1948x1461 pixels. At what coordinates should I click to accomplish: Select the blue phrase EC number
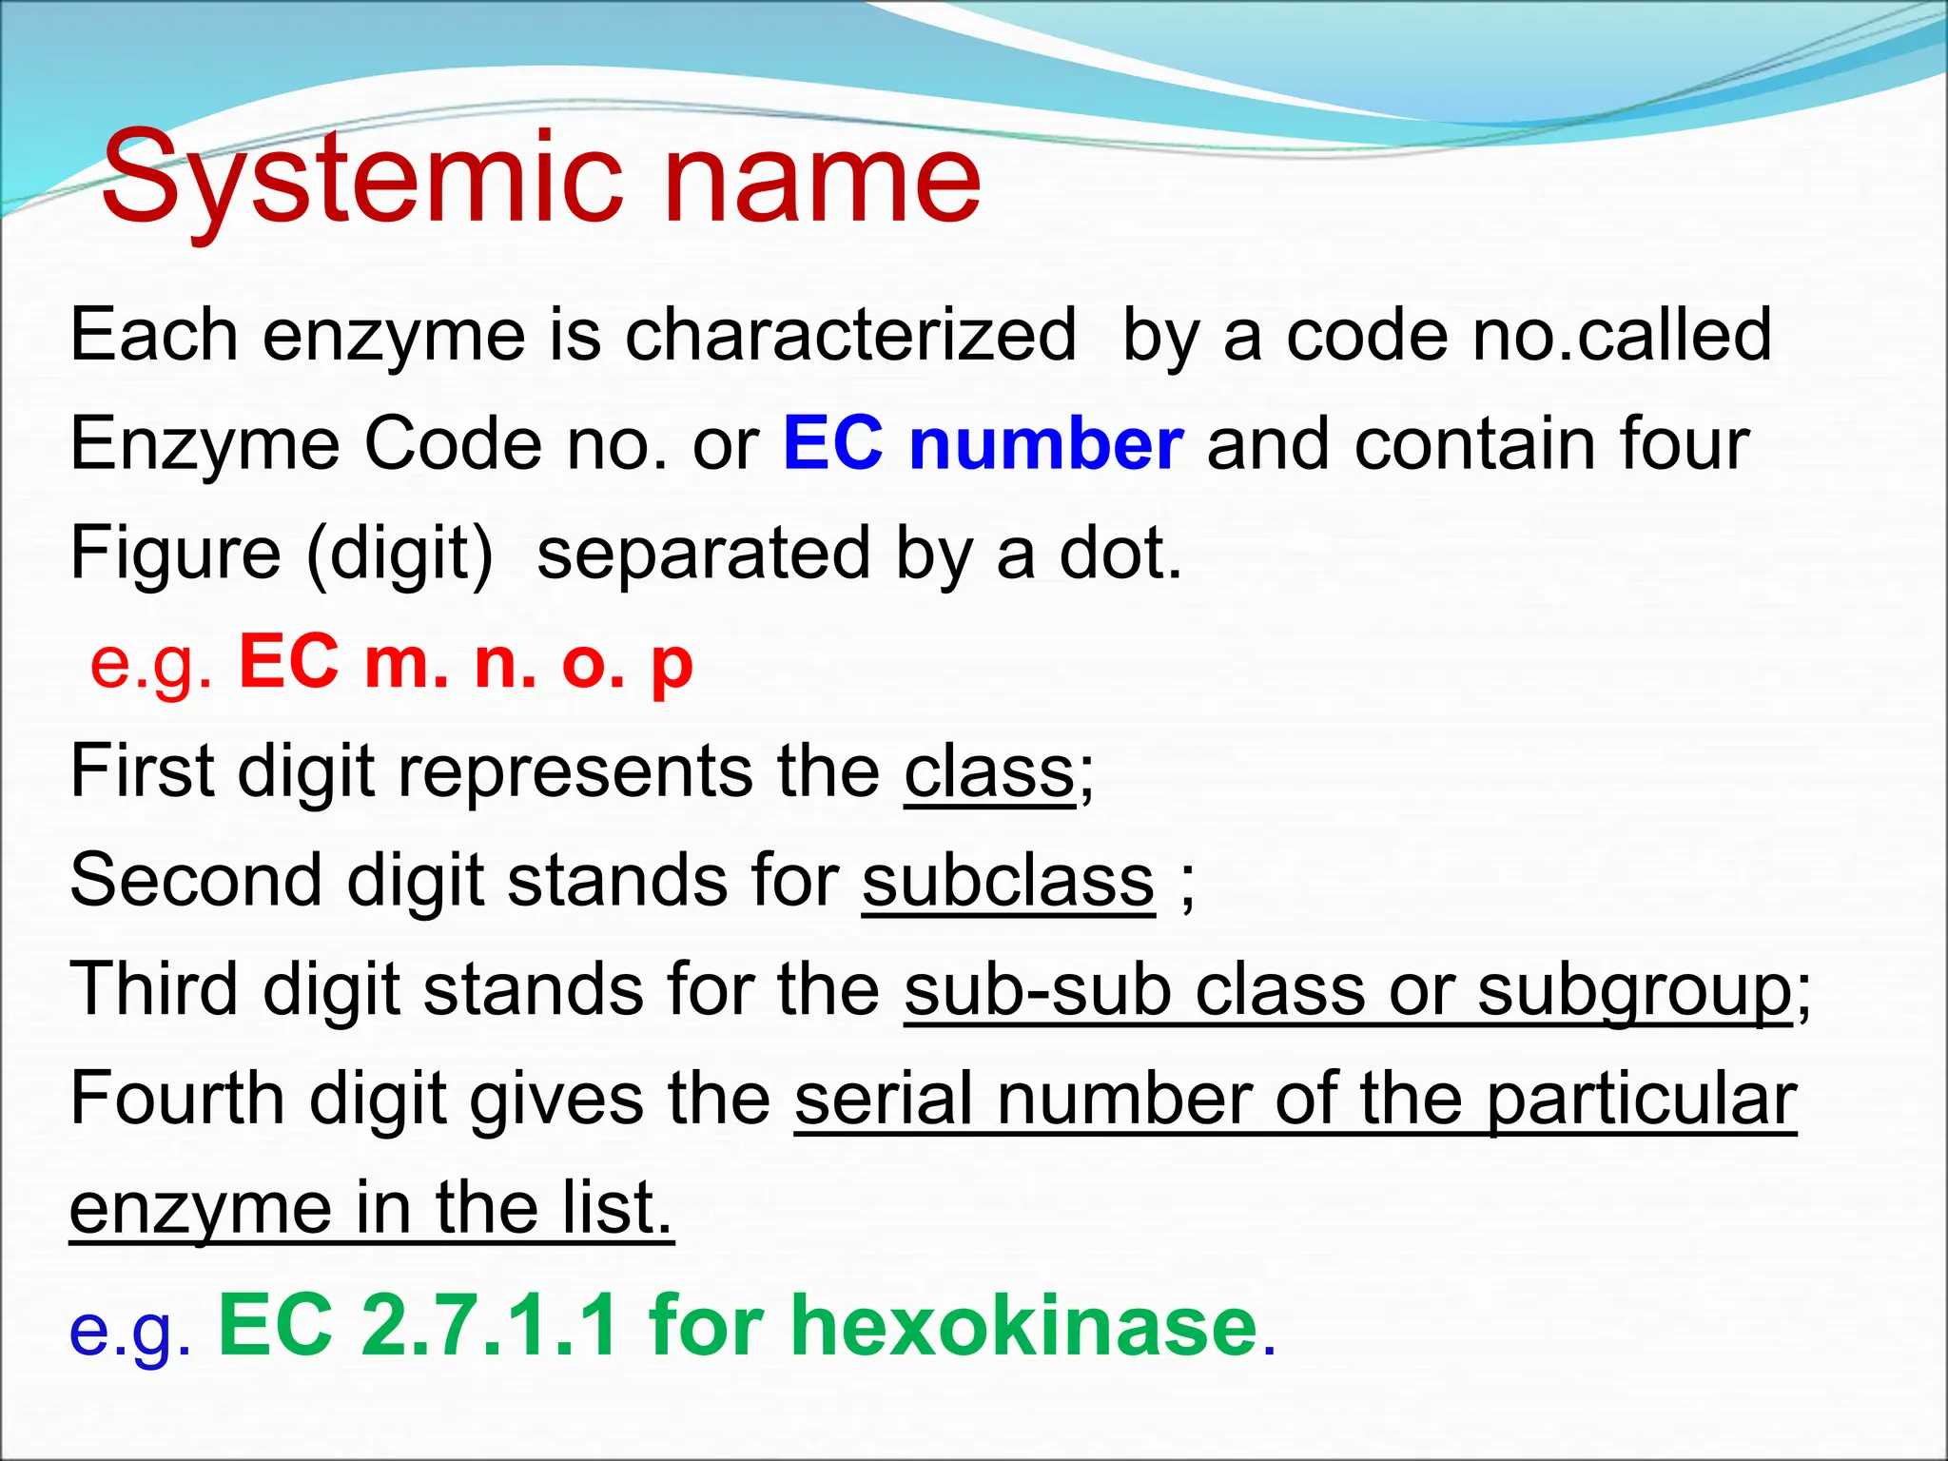(x=983, y=444)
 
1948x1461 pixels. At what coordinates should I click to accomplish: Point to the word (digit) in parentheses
(x=400, y=554)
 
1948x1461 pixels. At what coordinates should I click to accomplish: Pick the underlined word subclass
(x=1008, y=881)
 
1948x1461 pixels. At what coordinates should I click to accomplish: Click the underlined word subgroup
(x=1634, y=990)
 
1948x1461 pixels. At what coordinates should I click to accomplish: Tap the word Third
(x=153, y=990)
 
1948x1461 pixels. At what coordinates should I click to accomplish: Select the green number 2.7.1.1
(x=491, y=1325)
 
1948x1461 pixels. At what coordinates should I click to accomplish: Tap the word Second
(x=195, y=881)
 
